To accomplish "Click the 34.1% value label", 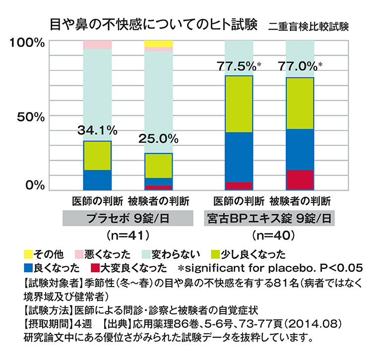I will tap(97, 131).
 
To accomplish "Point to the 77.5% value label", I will tap(236, 65).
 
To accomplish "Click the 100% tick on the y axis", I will tap(27, 43).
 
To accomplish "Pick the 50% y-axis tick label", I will tap(31, 117).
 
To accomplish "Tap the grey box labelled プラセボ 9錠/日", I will tap(127, 218).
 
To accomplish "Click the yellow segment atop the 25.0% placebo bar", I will tap(158, 44).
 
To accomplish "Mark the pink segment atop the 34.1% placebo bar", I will tap(97, 45).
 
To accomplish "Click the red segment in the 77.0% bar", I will tap(300, 179).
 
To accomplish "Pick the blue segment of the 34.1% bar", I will tap(97, 180).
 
